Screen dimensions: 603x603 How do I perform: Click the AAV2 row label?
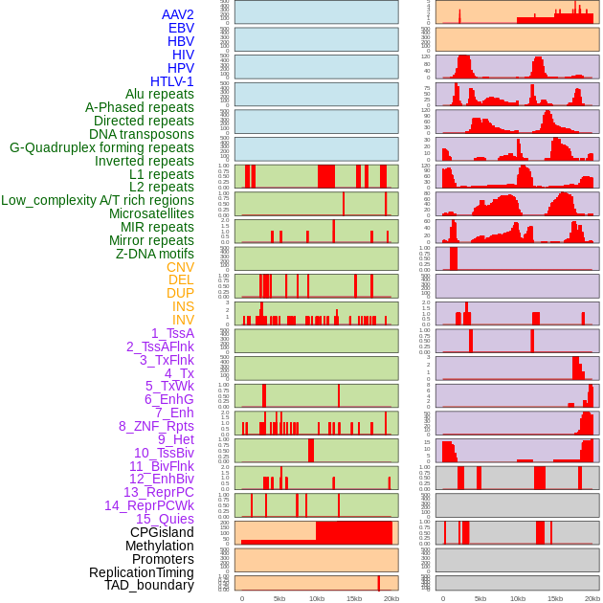(x=177, y=14)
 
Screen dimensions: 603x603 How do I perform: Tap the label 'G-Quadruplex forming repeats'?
(x=101, y=147)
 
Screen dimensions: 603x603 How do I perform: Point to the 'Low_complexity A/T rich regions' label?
(x=98, y=200)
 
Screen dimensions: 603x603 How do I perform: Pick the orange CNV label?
(x=180, y=267)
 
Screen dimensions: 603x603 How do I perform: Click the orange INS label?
(x=183, y=306)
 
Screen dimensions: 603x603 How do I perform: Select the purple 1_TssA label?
(x=172, y=333)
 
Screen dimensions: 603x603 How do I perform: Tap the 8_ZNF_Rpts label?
(x=156, y=426)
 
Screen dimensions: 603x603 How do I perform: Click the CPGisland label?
(x=162, y=532)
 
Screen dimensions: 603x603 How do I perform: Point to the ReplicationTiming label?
(x=142, y=572)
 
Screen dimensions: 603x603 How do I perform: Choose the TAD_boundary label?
(x=149, y=585)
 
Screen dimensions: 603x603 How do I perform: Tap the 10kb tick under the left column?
(x=316, y=598)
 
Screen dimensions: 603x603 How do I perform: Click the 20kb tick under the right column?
(x=592, y=598)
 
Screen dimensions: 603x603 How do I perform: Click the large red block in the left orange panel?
(x=353, y=532)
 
